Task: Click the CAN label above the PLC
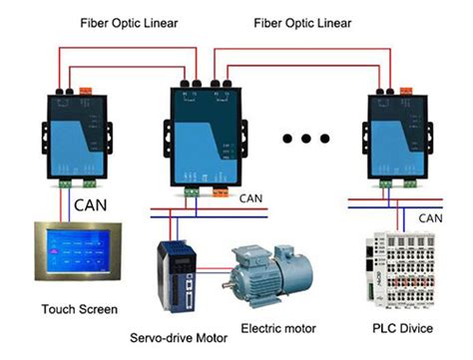coord(432,217)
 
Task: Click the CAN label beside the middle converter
coord(251,198)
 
